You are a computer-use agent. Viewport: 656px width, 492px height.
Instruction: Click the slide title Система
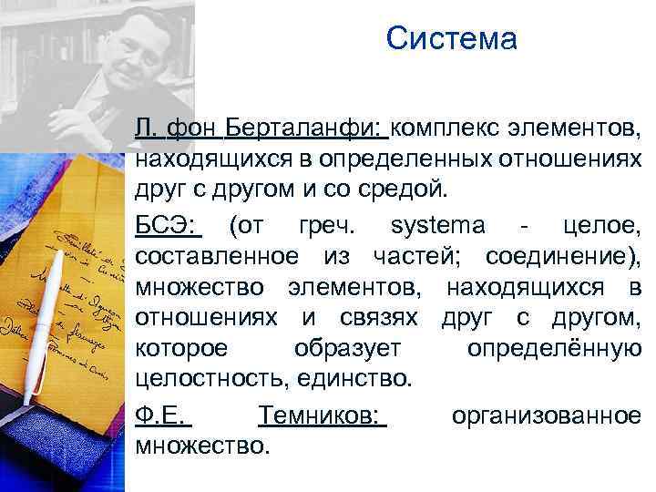tap(451, 39)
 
